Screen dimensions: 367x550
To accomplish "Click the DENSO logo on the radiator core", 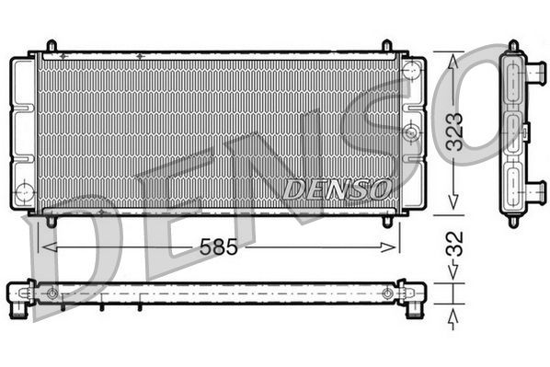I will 338,189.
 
